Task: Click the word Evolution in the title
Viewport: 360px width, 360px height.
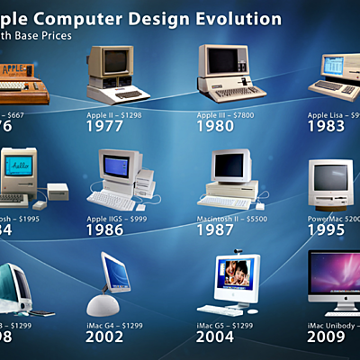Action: click(x=241, y=19)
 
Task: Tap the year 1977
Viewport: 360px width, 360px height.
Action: click(x=104, y=127)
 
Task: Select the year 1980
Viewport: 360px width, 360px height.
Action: click(x=216, y=127)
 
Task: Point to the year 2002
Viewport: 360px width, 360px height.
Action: click(x=104, y=337)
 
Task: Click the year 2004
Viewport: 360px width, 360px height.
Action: click(x=216, y=337)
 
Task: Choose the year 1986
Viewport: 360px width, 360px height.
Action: click(x=104, y=229)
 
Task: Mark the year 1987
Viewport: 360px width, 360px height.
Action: click(x=216, y=229)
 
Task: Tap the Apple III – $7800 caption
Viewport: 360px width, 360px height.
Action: click(x=227, y=114)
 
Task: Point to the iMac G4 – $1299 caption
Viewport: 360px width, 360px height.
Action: click(x=115, y=325)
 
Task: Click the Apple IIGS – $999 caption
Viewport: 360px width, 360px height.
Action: click(x=117, y=219)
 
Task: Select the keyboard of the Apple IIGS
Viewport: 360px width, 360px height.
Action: click(x=110, y=199)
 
